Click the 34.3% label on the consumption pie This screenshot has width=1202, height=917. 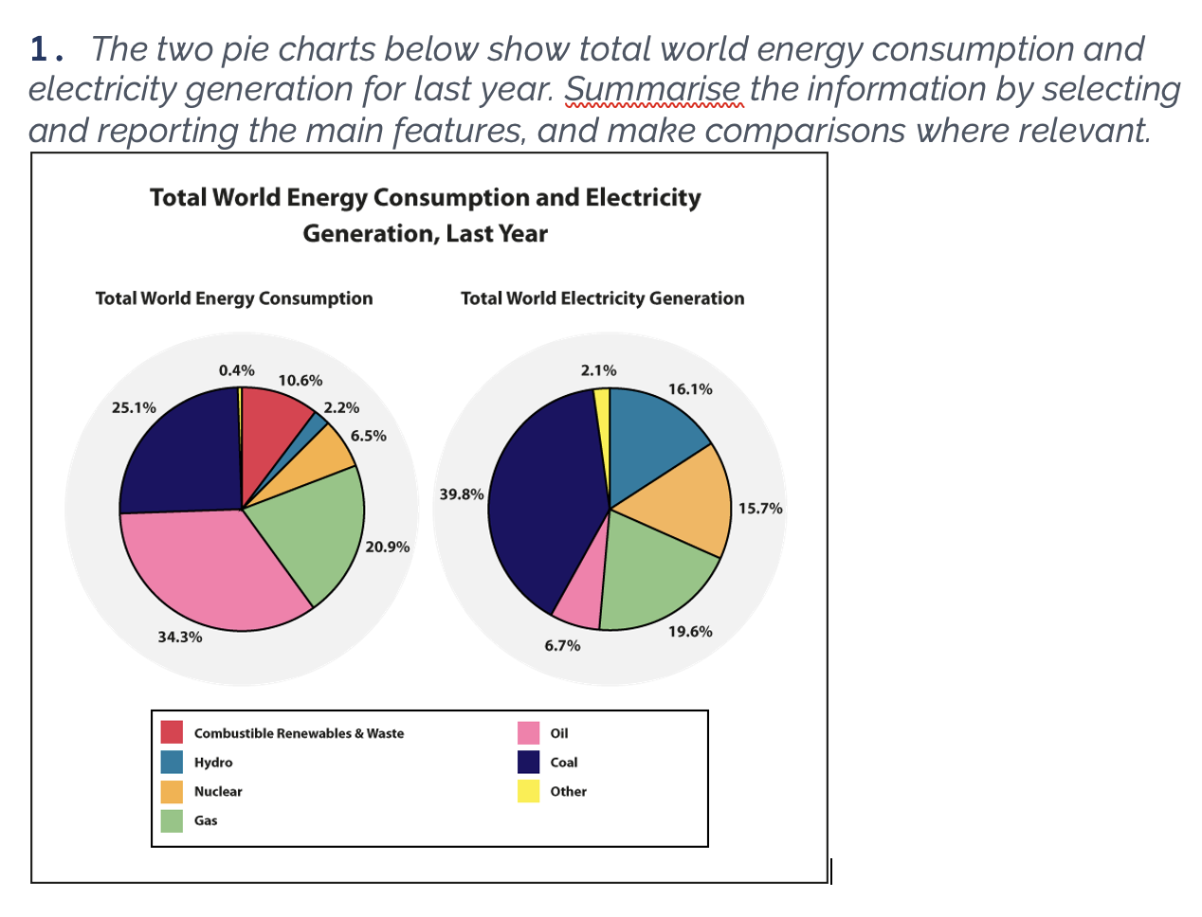[x=179, y=637]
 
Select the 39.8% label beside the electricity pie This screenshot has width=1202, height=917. [x=462, y=494]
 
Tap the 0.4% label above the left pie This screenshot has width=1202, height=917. [x=236, y=369]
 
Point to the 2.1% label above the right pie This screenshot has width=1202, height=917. [x=598, y=369]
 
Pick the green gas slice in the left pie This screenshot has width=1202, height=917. [x=313, y=530]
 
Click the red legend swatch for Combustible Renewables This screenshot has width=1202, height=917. [x=172, y=732]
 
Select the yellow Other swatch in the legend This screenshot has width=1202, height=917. [x=528, y=791]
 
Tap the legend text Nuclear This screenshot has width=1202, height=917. [x=218, y=791]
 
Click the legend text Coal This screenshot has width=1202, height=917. [x=563, y=762]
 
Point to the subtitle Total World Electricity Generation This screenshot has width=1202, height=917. [x=602, y=298]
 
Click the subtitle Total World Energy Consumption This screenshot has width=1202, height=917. [x=234, y=298]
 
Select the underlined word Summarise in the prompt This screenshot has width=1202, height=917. [x=652, y=89]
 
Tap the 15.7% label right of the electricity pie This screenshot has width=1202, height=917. [x=760, y=508]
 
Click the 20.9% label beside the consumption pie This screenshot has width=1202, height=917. [x=387, y=547]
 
